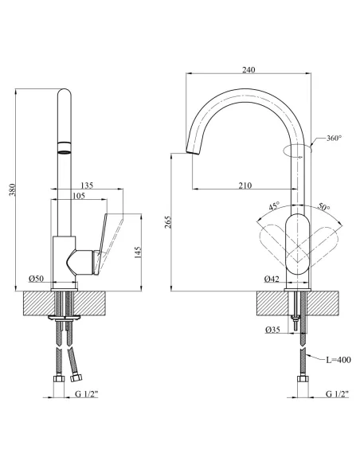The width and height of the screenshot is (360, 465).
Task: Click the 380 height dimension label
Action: [12, 190]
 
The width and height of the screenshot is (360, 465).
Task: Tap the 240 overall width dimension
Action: [248, 70]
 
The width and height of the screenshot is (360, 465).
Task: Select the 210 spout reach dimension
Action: [245, 186]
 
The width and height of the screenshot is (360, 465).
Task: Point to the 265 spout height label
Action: [168, 222]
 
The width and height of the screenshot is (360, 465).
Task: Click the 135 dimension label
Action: [87, 186]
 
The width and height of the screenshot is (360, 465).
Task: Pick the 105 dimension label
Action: [79, 195]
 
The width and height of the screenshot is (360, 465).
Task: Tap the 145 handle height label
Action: [138, 252]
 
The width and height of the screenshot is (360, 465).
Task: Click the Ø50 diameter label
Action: [36, 279]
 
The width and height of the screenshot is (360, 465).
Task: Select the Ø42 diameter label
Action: [272, 279]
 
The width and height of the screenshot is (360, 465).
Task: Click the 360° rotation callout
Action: [335, 138]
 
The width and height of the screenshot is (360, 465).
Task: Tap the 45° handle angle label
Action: [274, 205]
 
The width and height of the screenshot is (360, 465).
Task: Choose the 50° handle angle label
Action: [324, 206]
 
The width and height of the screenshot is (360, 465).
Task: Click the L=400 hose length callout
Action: [338, 360]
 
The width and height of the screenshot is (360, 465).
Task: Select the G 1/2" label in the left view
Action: [86, 394]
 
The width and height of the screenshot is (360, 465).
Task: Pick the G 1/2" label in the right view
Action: [338, 394]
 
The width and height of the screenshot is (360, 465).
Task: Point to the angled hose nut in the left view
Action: [76, 377]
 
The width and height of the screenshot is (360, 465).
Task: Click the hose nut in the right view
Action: [303, 380]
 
